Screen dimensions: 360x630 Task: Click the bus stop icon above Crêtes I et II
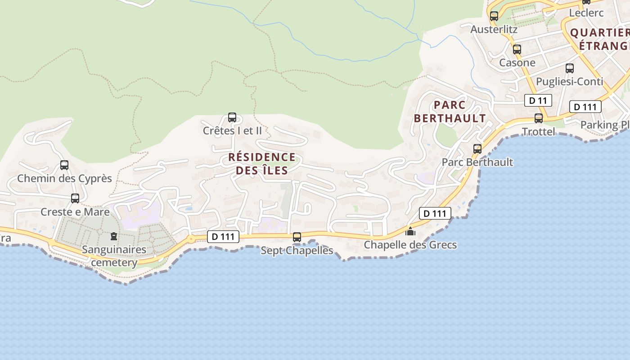pyautogui.click(x=232, y=117)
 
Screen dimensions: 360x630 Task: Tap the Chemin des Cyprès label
pyautogui.click(x=64, y=178)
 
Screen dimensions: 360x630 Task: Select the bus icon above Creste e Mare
pyautogui.click(x=75, y=198)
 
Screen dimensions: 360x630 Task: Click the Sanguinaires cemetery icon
pyautogui.click(x=114, y=236)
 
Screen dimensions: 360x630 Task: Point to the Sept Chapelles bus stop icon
pyautogui.click(x=297, y=237)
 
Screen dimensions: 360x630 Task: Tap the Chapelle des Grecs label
pyautogui.click(x=410, y=245)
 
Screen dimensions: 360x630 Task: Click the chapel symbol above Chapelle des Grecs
pyautogui.click(x=410, y=232)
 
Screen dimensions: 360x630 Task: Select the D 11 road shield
pyautogui.click(x=538, y=100)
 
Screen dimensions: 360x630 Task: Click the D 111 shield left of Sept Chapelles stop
pyautogui.click(x=223, y=236)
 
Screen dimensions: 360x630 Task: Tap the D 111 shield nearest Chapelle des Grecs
pyautogui.click(x=435, y=213)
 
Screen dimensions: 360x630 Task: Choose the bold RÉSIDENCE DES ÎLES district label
pyautogui.click(x=262, y=164)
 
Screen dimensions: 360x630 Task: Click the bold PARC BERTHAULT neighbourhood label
pyautogui.click(x=450, y=112)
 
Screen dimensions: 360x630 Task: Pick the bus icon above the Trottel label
pyautogui.click(x=539, y=118)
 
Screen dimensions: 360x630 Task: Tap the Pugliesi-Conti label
pyautogui.click(x=569, y=81)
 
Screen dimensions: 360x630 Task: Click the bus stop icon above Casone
pyautogui.click(x=517, y=49)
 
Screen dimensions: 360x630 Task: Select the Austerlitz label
pyautogui.click(x=494, y=29)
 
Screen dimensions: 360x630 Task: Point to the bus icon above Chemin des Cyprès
pyautogui.click(x=64, y=165)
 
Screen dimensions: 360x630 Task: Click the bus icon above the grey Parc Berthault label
pyautogui.click(x=477, y=148)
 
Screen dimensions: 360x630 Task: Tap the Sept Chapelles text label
pyautogui.click(x=297, y=250)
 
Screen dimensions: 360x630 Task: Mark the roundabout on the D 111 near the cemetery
pyautogui.click(x=191, y=238)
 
